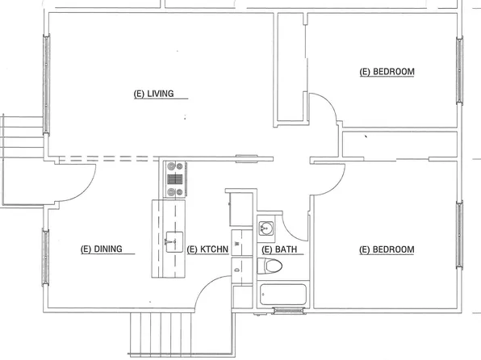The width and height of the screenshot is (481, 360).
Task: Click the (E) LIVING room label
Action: (x=153, y=94)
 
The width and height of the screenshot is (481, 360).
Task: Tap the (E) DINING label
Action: (x=102, y=249)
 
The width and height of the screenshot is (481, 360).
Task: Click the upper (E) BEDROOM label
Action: (x=387, y=72)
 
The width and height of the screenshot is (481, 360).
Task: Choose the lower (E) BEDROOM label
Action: (x=387, y=249)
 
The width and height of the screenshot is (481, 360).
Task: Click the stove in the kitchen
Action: (x=175, y=179)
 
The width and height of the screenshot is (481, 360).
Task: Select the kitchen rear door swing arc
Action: (x=211, y=292)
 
